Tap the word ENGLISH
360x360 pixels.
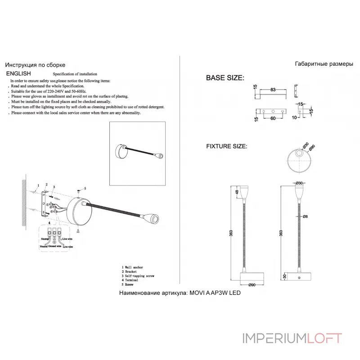tap(18, 73)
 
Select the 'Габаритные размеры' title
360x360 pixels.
tap(324, 64)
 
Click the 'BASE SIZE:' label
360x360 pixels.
tap(225, 78)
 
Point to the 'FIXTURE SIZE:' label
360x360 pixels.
tap(226, 147)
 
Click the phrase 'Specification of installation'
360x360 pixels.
tap(75, 74)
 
